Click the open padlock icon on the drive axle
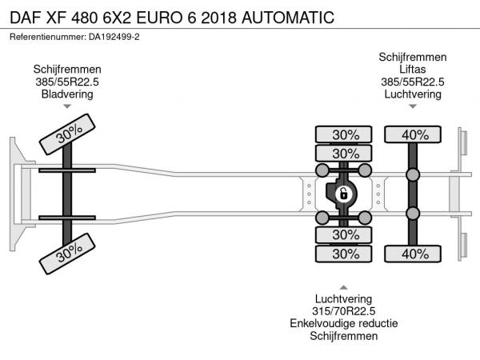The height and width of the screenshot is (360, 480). pos(343,194)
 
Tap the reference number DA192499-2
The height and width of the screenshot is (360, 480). pos(114,37)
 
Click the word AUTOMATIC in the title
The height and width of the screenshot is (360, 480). pos(288,18)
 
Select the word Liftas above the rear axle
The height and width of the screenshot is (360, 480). pos(412,69)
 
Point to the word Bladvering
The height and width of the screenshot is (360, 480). pos(67,94)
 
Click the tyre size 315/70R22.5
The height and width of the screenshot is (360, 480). pos(343,311)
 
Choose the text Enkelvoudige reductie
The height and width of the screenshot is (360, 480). pos(343,323)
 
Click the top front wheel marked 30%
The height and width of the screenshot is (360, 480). pos(67,134)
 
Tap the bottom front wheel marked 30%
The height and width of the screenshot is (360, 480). pos(67,254)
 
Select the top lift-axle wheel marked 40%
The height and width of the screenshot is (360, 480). pos(413,134)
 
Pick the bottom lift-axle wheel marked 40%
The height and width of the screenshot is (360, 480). pos(413,254)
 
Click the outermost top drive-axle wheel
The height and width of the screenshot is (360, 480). pos(343,134)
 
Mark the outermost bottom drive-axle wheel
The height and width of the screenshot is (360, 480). pos(343,254)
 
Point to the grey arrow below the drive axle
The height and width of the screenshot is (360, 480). pos(343,287)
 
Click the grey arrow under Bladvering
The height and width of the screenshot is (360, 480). pos(67,106)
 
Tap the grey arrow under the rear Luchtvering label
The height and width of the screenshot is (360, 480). pos(413,106)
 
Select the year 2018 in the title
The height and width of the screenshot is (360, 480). pos(219,18)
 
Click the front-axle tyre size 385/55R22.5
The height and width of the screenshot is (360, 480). pos(67,82)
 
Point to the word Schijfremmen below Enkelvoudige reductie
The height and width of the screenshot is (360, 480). pos(343,336)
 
